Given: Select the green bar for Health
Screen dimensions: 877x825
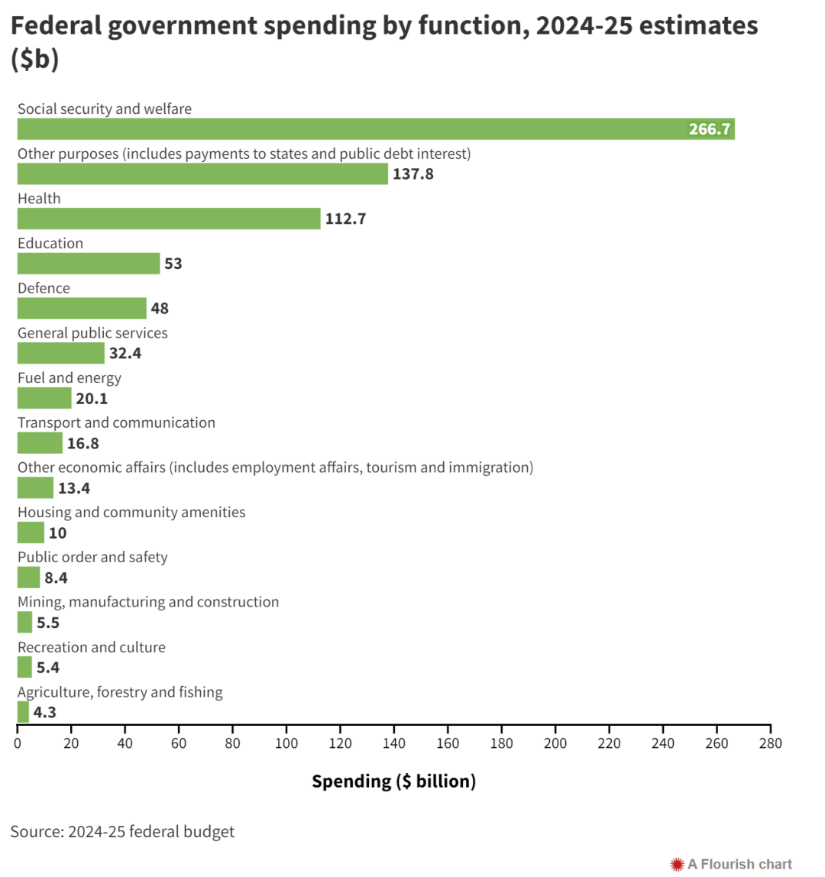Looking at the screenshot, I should pos(169,218).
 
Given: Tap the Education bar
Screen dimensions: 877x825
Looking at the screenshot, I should pos(89,264).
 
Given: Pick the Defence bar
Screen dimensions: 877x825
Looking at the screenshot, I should pos(82,309).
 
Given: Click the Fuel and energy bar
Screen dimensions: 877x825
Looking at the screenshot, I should pos(44,398).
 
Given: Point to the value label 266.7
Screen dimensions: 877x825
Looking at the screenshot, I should pos(710,129).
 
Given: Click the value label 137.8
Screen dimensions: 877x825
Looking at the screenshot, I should pos(413,174).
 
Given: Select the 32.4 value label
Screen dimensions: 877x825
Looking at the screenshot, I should pos(125,354).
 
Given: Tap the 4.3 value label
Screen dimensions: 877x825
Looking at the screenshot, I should pos(44,713).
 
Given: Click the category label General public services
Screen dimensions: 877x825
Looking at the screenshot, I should pos(92,333).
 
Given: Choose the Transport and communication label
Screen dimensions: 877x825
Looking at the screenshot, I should pos(116,422).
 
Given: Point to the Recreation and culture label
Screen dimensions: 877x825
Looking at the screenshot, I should pos(92,647).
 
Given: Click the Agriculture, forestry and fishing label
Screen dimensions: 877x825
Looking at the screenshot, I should pos(120,692).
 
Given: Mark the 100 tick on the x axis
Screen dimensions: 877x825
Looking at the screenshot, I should pos(286,741).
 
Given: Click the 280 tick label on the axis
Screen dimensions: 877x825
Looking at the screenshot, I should pos(771,741).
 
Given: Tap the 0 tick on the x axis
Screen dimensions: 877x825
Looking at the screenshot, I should pos(18,741).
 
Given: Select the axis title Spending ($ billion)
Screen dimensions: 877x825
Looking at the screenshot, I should pos(393,782).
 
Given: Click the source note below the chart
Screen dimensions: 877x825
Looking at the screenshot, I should pos(122,832).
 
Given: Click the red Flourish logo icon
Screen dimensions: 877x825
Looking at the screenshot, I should pos(677,864).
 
